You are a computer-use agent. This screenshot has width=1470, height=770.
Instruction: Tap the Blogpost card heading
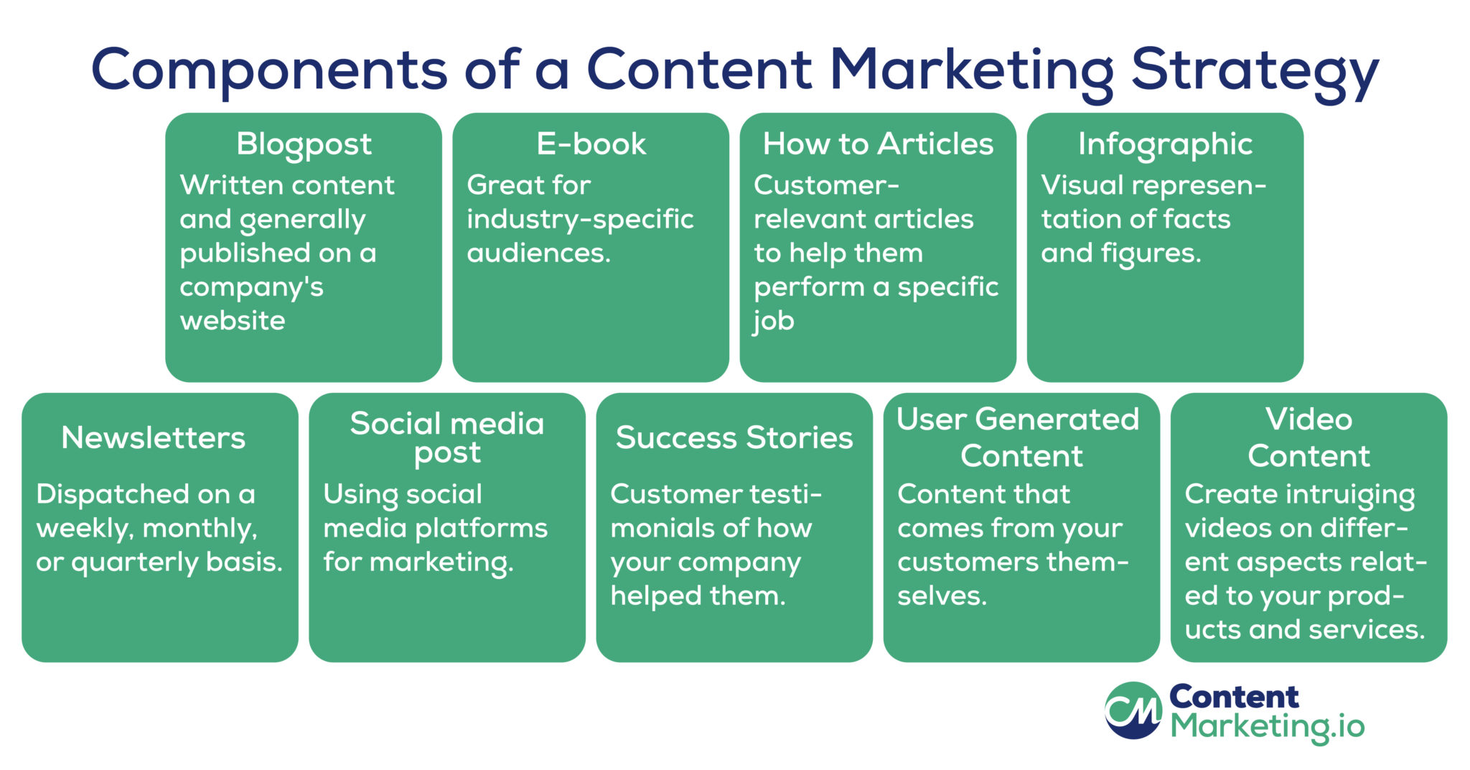pos(304,145)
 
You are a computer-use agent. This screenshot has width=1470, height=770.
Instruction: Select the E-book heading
pos(591,144)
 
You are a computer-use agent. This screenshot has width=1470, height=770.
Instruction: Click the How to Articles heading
pos(878,144)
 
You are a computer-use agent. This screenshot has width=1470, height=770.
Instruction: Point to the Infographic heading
pos(1165,145)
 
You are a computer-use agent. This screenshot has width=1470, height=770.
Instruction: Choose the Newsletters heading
pos(154,437)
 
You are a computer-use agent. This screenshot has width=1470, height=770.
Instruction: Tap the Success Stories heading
pos(734,437)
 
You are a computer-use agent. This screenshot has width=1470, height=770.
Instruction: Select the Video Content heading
pos(1309,437)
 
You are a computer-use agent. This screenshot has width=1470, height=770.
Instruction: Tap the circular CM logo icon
pos(1133,710)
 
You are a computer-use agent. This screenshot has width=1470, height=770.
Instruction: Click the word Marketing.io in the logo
pos(1268,727)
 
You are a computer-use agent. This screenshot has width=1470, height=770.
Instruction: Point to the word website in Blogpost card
pos(233,320)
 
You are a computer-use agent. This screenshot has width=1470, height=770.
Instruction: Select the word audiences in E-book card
pos(535,253)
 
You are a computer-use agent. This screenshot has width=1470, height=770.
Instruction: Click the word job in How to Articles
pos(774,321)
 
